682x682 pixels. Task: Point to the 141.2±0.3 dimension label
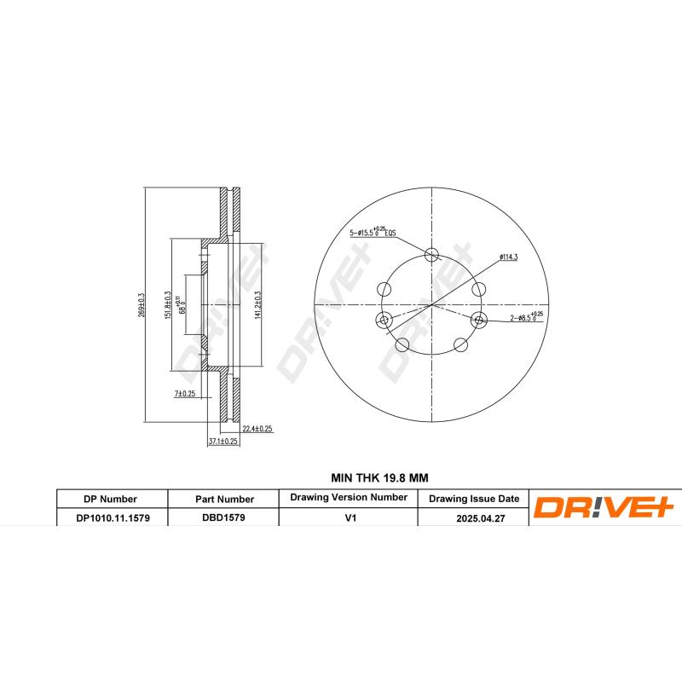pos(257,304)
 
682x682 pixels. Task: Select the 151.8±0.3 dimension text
pos(169,305)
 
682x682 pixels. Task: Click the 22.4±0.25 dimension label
pos(257,429)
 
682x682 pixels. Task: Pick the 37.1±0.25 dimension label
pos(223,442)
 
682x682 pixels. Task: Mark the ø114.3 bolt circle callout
pos(509,256)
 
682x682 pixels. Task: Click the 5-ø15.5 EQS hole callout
pos(373,232)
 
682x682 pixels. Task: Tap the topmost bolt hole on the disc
pos(431,253)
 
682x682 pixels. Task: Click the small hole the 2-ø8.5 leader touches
pos(478,321)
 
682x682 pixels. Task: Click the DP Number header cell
pos(111,499)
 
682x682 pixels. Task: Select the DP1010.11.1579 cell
pos(111,517)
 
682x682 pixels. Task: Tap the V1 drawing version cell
pos(348,517)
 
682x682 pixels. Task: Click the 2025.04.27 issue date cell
pos(473,517)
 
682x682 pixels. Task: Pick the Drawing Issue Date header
pos(473,499)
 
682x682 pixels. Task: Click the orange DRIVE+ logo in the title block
pos(604,507)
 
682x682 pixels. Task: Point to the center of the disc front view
pos(431,304)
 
